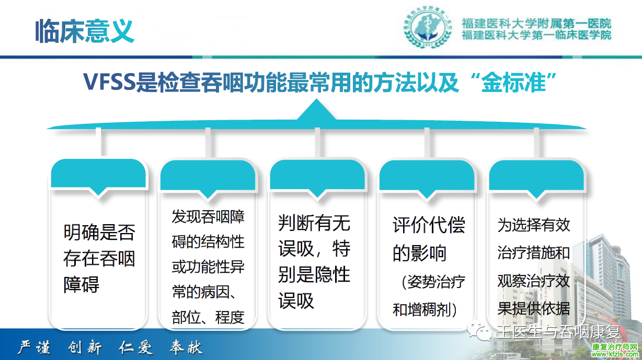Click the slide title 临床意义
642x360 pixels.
85,31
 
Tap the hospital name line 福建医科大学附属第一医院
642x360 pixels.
536,24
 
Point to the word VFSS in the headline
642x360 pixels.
109,82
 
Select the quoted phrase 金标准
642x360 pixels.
513,83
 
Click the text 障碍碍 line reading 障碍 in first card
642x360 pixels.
82,285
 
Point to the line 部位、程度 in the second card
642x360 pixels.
208,317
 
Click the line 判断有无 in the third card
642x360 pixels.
314,223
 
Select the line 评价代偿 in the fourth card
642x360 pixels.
429,225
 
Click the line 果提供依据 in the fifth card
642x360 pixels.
534,309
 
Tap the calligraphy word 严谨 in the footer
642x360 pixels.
34,347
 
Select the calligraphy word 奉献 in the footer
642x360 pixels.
186,347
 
